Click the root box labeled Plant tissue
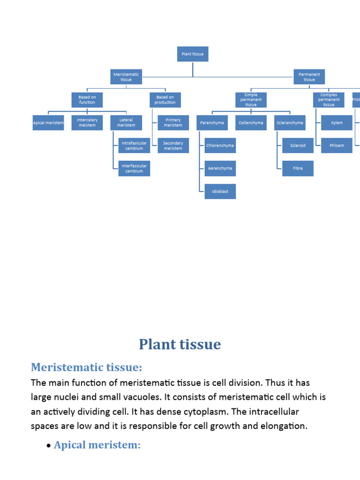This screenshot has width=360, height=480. coord(193,54)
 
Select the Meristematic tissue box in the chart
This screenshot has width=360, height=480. coord(126,77)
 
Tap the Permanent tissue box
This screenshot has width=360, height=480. coord(309,77)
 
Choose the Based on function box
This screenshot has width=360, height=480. coord(87,100)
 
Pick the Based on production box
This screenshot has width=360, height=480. coord(165,100)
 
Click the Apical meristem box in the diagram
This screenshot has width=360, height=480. coord(48,123)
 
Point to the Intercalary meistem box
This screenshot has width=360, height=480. coord(87,123)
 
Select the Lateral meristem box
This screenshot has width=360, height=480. coord(126,123)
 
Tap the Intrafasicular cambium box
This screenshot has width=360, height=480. coord(134,146)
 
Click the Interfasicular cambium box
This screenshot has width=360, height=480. coord(134,169)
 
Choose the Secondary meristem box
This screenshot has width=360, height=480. coord(173,146)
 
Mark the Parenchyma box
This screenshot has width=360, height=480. coord(212,123)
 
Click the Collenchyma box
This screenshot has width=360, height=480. coord(251,123)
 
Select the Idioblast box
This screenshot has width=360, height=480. coord(220,192)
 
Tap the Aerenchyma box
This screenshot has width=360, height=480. coord(220,168)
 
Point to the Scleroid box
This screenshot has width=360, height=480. coord(298,146)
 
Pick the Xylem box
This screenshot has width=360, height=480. coord(337,123)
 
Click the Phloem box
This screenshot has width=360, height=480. coord(337,146)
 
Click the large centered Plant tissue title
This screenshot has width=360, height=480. coord(180,345)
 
